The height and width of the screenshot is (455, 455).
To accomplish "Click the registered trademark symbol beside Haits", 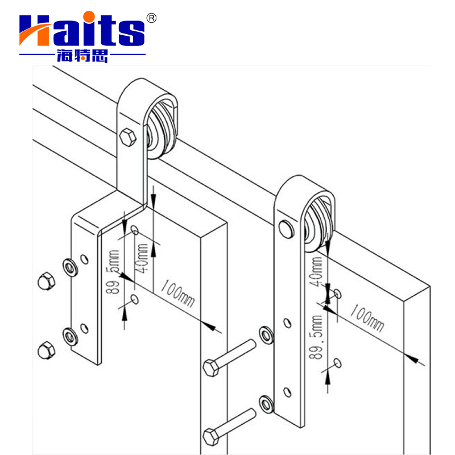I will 151,18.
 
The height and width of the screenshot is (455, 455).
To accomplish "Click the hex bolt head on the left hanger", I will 127,136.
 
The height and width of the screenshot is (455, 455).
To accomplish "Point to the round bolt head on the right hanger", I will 285,229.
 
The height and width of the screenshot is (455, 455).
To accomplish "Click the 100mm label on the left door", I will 177,292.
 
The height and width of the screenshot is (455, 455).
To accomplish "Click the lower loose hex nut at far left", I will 45,349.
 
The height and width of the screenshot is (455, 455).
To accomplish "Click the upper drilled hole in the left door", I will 135,230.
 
